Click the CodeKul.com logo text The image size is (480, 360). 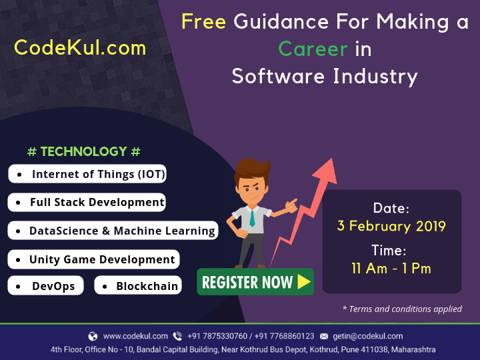[x=80, y=48]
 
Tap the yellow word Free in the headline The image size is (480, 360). [x=203, y=22]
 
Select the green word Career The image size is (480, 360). [x=313, y=49]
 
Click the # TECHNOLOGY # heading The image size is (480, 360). [x=84, y=151]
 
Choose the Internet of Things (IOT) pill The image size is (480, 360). [x=87, y=174]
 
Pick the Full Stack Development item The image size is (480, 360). [x=87, y=203]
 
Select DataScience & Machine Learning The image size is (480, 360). [x=113, y=231]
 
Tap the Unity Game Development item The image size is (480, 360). [x=94, y=259]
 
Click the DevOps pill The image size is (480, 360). [x=45, y=285]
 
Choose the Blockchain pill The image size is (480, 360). [x=138, y=285]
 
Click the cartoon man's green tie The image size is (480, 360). [x=252, y=218]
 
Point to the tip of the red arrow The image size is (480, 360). [x=332, y=159]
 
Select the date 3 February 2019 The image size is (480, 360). [x=391, y=226]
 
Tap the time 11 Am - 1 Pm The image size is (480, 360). [x=391, y=269]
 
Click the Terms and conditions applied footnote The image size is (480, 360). [x=402, y=309]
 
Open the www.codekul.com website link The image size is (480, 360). [x=135, y=336]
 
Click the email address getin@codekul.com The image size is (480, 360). [x=368, y=336]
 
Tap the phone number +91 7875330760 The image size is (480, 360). [x=217, y=336]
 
